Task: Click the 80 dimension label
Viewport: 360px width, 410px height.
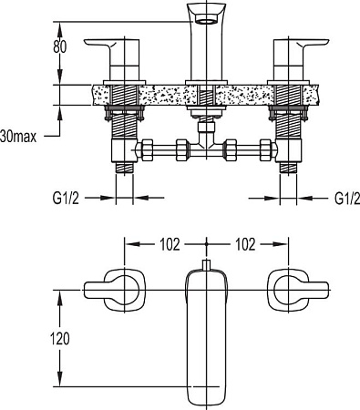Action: point(59,46)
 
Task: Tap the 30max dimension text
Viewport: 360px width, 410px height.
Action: point(18,137)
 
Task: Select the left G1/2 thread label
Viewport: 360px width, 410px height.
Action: point(66,198)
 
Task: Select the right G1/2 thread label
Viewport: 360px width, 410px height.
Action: point(347,198)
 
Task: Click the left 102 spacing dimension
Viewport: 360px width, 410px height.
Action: point(170,244)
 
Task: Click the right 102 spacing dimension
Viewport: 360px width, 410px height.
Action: point(245,244)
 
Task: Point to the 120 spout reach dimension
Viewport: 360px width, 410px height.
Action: point(59,338)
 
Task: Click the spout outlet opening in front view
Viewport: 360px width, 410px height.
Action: point(205,21)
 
